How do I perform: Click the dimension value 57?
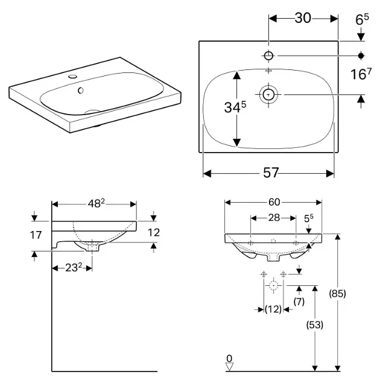[271, 173]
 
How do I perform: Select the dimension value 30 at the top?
[303, 18]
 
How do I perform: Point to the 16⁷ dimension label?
[360, 75]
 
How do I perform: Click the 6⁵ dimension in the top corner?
[361, 19]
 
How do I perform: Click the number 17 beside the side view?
[36, 234]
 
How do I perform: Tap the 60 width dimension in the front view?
[274, 201]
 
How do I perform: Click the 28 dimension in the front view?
[273, 217]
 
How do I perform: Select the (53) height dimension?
[314, 325]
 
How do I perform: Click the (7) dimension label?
[299, 300]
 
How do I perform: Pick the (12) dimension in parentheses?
[274, 309]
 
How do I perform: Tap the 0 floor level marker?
[229, 359]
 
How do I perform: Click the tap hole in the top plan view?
[268, 56]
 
